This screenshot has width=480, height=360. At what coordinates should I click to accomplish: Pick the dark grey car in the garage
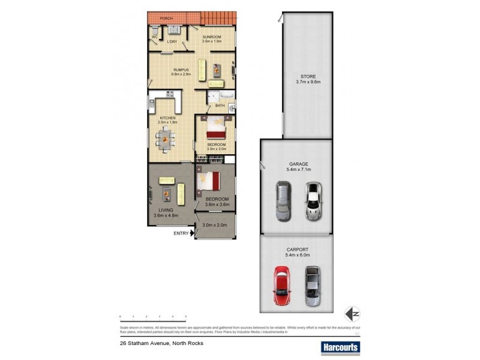point(283,201)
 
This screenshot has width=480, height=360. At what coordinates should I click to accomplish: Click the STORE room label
point(308,76)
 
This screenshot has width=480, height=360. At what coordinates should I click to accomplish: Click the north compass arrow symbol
point(352,313)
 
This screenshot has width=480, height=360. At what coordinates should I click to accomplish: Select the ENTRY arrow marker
point(192,233)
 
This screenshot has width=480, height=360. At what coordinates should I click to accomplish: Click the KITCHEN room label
point(167,118)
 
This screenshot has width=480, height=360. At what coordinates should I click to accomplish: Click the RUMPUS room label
point(181,69)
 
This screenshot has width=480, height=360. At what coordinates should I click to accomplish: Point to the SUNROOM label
point(212,37)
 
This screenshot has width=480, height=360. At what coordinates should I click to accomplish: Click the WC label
point(154,37)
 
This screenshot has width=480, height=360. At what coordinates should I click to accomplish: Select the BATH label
point(221,106)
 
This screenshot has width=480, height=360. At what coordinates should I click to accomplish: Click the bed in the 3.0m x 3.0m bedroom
point(215,127)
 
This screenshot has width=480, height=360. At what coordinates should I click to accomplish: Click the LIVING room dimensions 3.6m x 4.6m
point(166,215)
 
